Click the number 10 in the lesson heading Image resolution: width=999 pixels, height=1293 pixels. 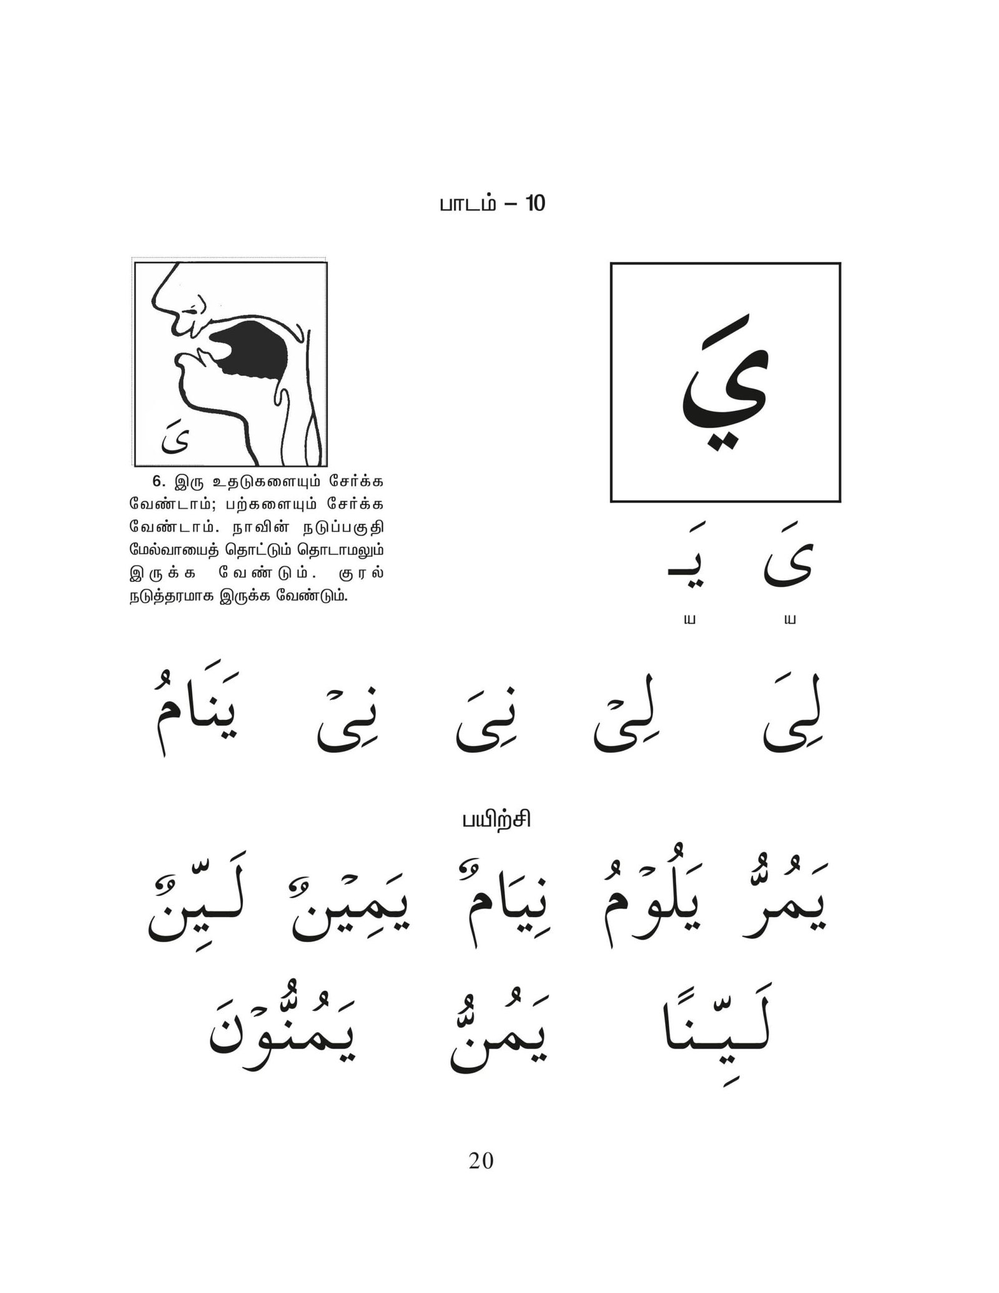[535, 204]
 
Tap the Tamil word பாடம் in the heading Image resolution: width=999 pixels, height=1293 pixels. [468, 205]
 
